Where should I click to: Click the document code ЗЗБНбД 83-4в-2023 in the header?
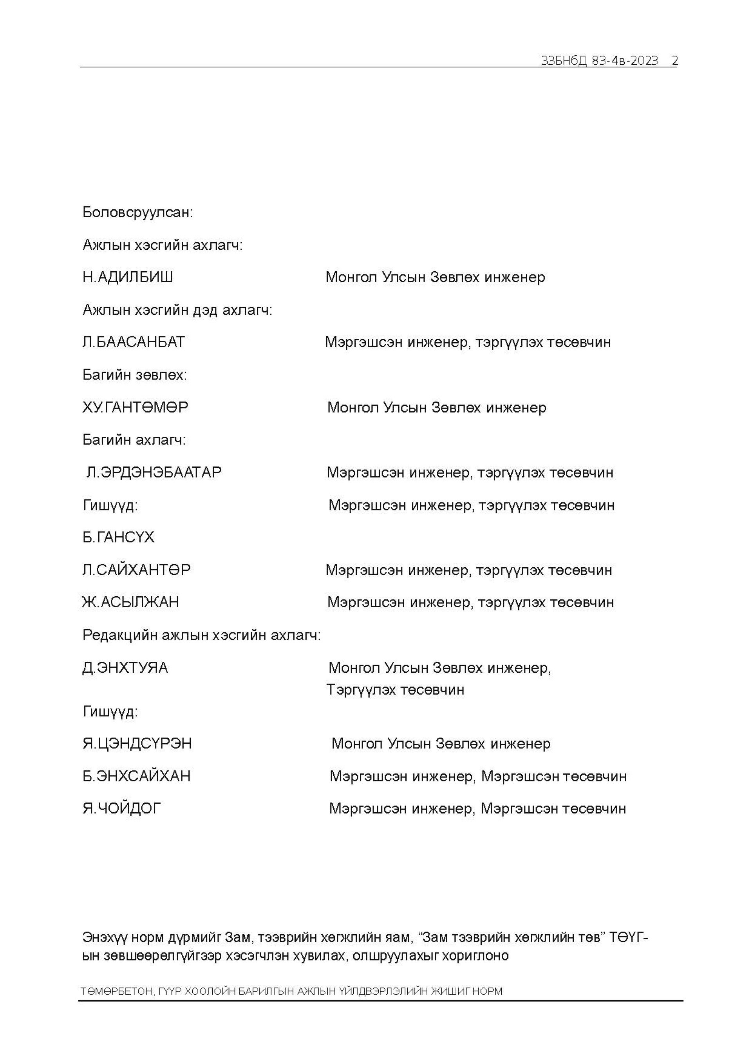click(599, 61)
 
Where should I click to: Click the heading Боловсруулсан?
click(137, 213)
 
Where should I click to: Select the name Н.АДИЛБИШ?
click(128, 278)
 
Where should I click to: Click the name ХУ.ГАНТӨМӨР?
click(135, 408)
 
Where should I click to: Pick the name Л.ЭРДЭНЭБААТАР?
click(154, 473)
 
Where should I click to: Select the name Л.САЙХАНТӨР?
click(136, 570)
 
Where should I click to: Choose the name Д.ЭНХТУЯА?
click(125, 668)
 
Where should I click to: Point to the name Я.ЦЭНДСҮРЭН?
click(137, 744)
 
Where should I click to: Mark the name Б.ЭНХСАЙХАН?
click(136, 776)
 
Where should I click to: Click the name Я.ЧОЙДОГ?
click(121, 809)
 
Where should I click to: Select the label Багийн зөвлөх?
click(134, 375)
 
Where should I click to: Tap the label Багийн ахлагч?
click(134, 440)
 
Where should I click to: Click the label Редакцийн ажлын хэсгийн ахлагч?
click(201, 635)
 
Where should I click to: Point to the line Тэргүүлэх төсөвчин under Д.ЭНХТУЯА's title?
click(395, 690)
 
